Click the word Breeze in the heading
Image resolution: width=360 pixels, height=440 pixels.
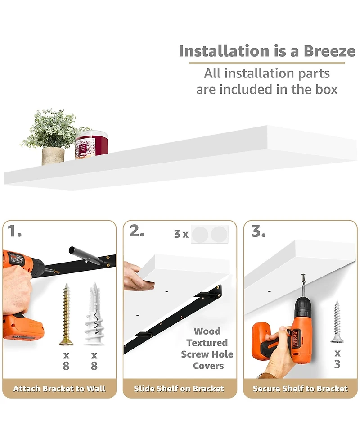[329, 51]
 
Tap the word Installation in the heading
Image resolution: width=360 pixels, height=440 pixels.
[224, 51]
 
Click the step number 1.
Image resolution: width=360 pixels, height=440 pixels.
[14, 231]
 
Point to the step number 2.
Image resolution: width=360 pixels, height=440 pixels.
[137, 231]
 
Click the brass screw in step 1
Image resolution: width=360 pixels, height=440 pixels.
[67, 314]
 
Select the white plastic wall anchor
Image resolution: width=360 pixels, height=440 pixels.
[94, 314]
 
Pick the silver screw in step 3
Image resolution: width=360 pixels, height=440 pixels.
[337, 321]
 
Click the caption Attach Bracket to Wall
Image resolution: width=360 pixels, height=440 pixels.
[59, 389]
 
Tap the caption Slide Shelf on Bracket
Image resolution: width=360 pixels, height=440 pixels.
[179, 389]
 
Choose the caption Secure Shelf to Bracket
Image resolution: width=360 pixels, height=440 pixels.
[300, 389]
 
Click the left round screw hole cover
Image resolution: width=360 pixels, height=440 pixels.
[200, 234]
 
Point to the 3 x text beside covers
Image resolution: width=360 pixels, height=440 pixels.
[181, 234]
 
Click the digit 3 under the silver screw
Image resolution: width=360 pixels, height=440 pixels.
[337, 364]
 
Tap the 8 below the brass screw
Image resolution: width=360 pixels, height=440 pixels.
[66, 366]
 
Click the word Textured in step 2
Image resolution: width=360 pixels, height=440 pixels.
[207, 343]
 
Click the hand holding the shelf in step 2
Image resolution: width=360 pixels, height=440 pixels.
[139, 277]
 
